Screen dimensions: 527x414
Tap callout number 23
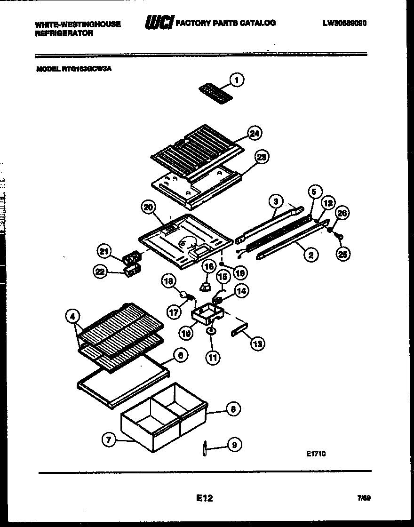262,157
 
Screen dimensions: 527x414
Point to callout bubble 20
149,208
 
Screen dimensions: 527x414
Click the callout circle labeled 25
343,255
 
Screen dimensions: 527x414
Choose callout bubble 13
257,344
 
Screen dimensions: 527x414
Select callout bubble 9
234,445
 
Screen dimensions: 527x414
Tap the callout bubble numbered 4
73,318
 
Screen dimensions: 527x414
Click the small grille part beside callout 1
215,90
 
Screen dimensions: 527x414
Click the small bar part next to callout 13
239,331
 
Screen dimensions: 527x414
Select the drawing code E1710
315,454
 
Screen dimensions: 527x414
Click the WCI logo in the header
159,22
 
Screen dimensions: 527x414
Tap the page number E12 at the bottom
204,498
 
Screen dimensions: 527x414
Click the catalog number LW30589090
345,23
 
